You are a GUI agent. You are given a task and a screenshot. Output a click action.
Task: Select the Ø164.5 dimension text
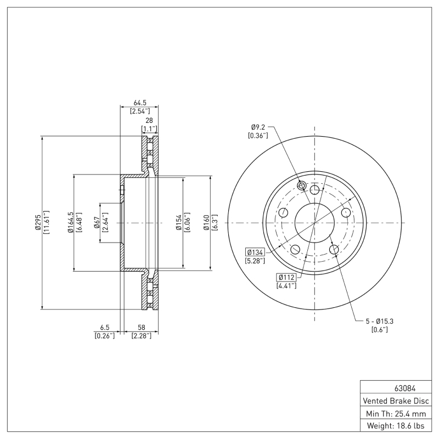(70, 222)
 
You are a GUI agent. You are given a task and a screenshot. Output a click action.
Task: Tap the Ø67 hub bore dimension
(97, 222)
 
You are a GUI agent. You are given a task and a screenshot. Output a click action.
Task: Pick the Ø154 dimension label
(179, 222)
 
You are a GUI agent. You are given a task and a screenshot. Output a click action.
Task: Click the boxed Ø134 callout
(256, 252)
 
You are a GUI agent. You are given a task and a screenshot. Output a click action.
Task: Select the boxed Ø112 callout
(286, 277)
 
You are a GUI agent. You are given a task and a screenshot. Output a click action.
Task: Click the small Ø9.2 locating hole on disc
(301, 185)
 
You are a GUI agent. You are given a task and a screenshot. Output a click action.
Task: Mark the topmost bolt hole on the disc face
(314, 190)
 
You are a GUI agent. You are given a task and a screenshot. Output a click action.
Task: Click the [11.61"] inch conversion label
(47, 222)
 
